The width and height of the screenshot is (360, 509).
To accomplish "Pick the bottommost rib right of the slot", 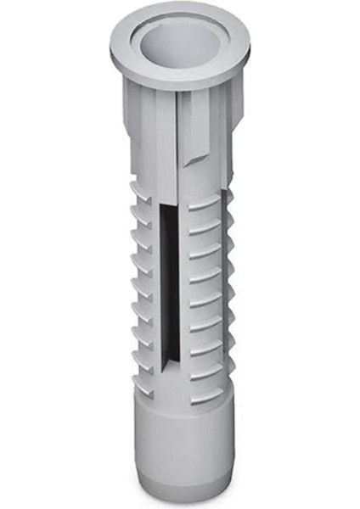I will coord(205,396).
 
